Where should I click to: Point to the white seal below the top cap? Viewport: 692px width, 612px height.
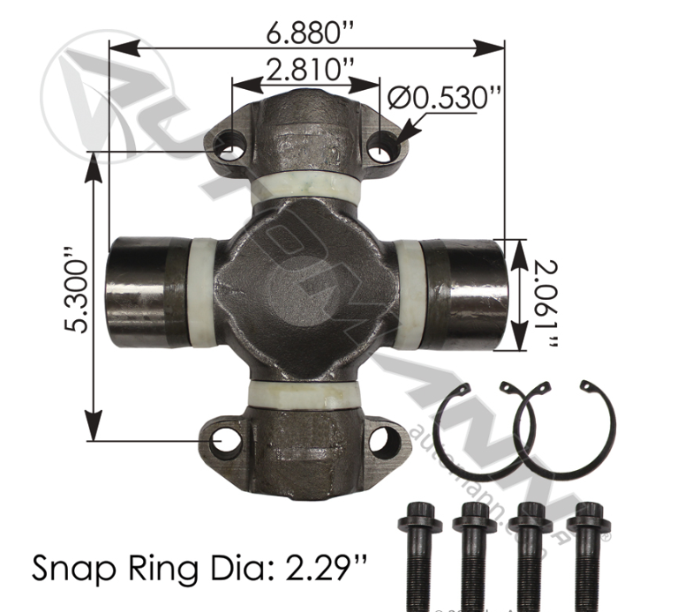pyautogui.click(x=305, y=188)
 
